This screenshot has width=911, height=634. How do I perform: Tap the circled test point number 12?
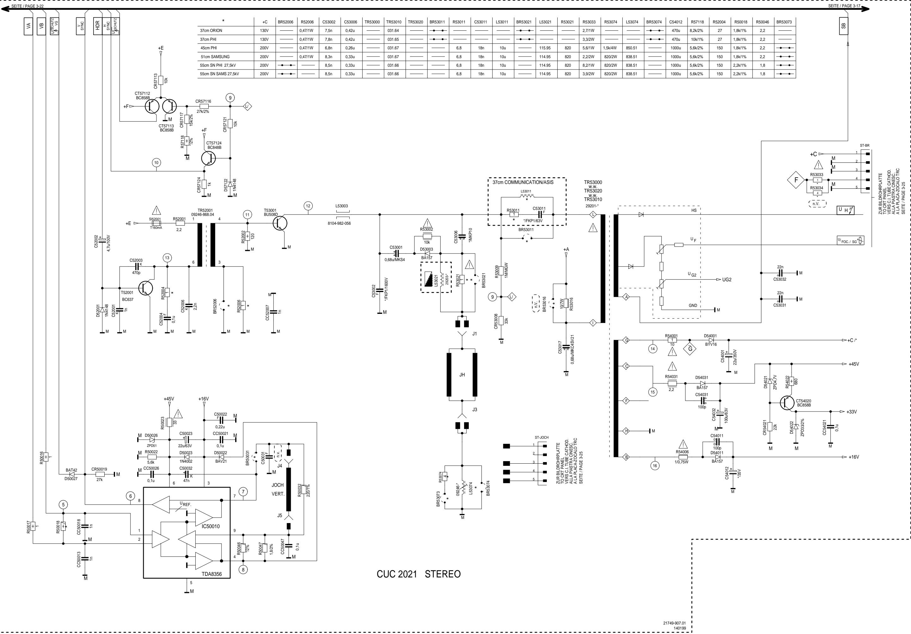[308, 206]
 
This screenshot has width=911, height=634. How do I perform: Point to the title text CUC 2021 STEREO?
[419, 574]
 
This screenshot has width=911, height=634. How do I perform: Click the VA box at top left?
[28, 26]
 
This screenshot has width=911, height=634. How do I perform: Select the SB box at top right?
[844, 26]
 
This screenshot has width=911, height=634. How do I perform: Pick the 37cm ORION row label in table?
[211, 31]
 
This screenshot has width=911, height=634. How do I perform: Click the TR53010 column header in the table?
[394, 22]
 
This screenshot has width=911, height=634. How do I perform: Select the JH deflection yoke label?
[462, 375]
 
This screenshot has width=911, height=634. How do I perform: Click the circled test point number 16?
[655, 465]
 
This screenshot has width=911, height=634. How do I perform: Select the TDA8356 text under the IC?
[212, 574]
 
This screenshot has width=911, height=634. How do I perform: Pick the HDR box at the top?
[97, 26]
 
